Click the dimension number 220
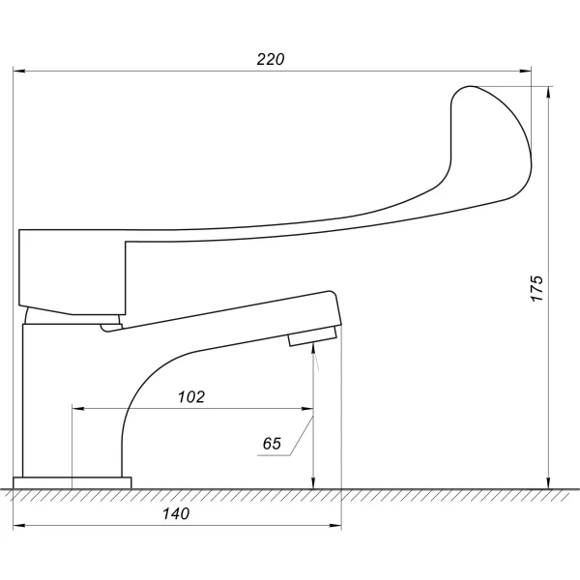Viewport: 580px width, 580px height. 271,59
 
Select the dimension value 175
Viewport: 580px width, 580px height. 536,288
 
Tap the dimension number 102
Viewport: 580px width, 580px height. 191,397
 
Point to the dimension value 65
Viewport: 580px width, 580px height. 272,444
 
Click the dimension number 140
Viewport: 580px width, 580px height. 176,513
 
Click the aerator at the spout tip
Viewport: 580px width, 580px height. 312,335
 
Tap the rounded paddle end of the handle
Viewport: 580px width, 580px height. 491,140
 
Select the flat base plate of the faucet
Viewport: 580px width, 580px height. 72,482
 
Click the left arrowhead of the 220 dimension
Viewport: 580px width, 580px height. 19,71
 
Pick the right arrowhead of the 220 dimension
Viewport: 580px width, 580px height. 525,71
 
